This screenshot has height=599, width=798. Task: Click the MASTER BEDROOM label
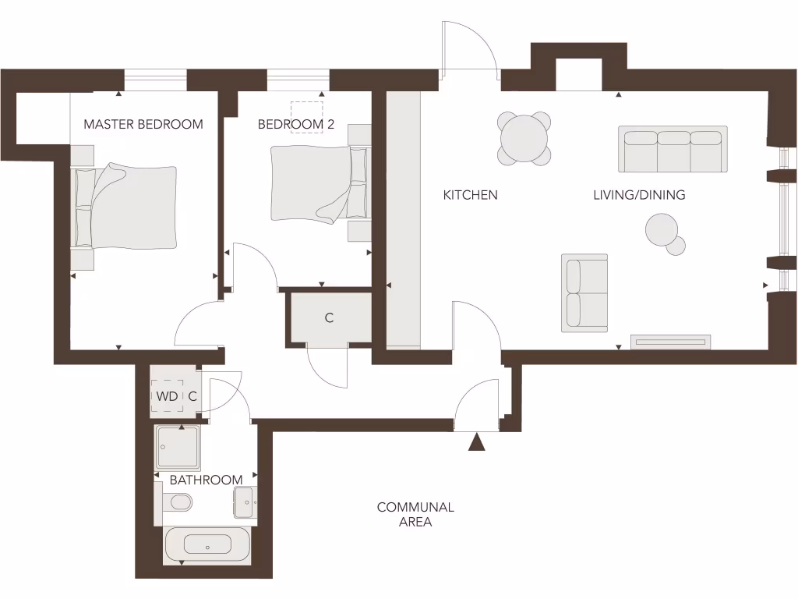(x=143, y=124)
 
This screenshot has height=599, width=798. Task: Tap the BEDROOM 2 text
(x=290, y=124)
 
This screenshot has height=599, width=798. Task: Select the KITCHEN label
(x=470, y=195)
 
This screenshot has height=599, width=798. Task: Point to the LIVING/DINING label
(x=639, y=195)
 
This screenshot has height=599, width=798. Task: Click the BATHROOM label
(x=206, y=480)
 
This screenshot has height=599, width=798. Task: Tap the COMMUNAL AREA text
(x=415, y=515)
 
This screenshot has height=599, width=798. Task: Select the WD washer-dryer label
(x=167, y=396)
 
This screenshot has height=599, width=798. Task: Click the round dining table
(x=524, y=139)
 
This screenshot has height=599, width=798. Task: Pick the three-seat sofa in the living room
(x=673, y=149)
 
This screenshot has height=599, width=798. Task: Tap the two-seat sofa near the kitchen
(x=584, y=292)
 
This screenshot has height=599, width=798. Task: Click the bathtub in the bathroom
(x=207, y=544)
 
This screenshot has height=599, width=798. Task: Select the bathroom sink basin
(x=245, y=502)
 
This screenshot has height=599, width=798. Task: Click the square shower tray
(x=177, y=447)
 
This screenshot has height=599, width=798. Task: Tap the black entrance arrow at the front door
(x=477, y=443)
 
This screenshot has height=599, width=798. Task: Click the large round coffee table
(x=662, y=230)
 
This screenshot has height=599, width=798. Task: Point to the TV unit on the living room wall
(x=670, y=342)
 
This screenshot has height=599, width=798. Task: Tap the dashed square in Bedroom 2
(x=307, y=116)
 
